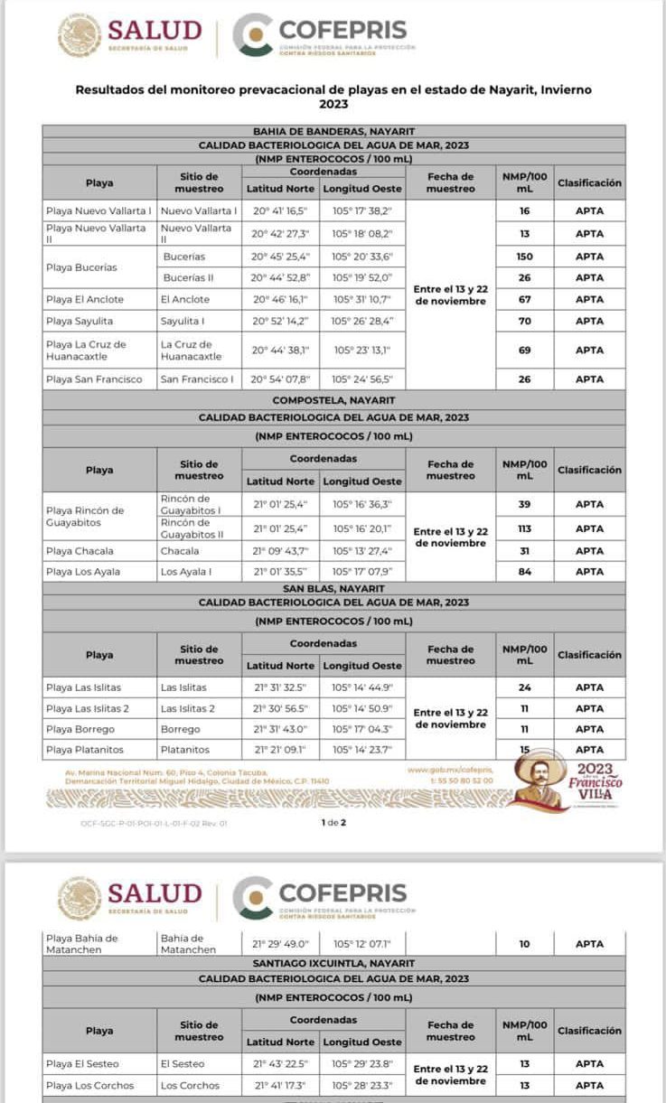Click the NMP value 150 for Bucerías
(x=524, y=257)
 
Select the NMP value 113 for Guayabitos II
(x=524, y=528)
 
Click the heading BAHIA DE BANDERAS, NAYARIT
(x=333, y=131)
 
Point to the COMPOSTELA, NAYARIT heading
(x=333, y=399)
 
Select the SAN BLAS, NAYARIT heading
(x=333, y=588)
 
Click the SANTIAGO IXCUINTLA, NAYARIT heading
(x=333, y=964)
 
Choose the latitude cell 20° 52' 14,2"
(x=280, y=321)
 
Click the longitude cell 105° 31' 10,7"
(x=362, y=299)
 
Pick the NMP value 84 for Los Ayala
(x=524, y=571)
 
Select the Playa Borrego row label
(x=80, y=729)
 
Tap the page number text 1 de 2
(x=333, y=822)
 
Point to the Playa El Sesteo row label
(x=82, y=1063)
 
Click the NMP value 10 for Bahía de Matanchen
(x=524, y=944)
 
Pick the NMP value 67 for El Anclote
(x=524, y=299)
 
